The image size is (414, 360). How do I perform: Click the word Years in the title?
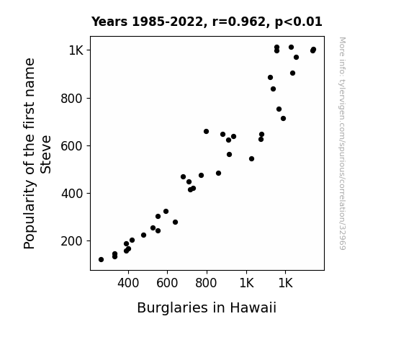coord(109,22)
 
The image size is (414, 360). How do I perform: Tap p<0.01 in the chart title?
coord(298,22)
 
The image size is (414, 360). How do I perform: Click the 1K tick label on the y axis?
coord(76,50)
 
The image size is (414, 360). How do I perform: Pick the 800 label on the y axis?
coord(72,98)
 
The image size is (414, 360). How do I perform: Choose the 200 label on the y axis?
coord(72,241)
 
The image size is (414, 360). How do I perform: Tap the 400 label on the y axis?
coord(72,194)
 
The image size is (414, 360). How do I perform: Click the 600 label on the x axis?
coord(167,283)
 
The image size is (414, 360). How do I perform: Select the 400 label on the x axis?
coord(128,283)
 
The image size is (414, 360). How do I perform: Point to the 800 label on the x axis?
coord(206,283)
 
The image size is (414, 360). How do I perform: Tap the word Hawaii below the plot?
coord(253,307)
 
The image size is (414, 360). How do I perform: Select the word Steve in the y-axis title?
coord(45,155)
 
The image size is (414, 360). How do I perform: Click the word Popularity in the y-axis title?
coord(29,215)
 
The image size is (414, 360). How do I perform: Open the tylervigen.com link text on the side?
coord(342,143)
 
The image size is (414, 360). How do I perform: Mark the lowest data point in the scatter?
coord(101,260)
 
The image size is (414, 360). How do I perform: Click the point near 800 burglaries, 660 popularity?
coord(206,132)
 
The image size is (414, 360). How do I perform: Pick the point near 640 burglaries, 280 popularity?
coord(175,222)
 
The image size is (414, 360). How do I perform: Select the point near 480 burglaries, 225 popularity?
coord(143,235)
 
